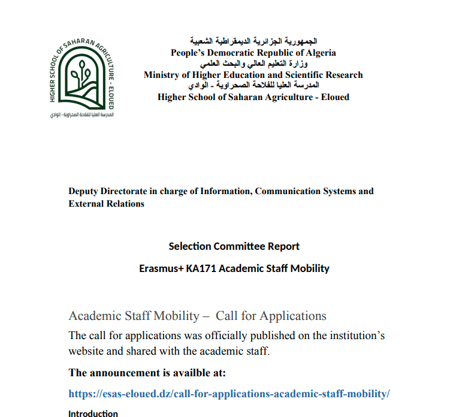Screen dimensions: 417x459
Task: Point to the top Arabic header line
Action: pyautogui.click(x=253, y=41)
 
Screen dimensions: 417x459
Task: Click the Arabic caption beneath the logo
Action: pyautogui.click(x=82, y=114)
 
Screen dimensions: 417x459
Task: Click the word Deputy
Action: pyautogui.click(x=85, y=191)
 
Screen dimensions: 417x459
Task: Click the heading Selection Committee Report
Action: pyautogui.click(x=234, y=246)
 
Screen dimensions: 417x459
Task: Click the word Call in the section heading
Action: pyautogui.click(x=227, y=316)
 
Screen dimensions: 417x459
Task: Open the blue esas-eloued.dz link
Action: pyautogui.click(x=230, y=394)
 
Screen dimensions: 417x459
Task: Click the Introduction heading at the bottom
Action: pyautogui.click(x=93, y=413)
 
